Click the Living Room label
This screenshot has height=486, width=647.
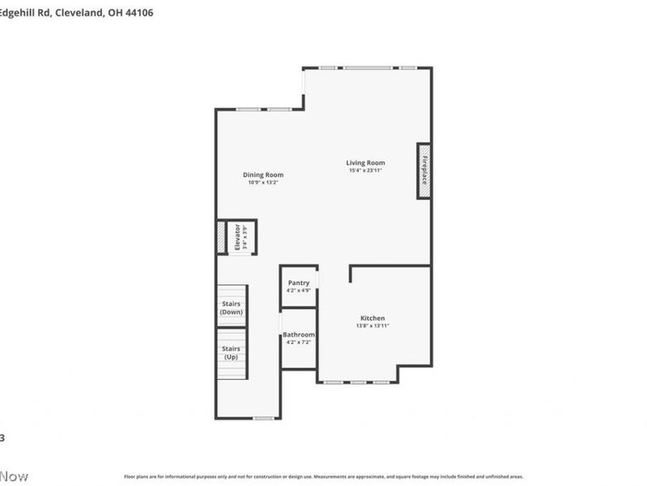[x=366, y=163]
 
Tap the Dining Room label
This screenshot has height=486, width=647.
[x=264, y=175]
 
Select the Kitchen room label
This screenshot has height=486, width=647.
[x=373, y=318]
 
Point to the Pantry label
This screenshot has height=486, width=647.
[x=298, y=283]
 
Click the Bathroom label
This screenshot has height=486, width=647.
[x=298, y=335]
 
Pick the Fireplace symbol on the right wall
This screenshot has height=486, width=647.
[x=423, y=170]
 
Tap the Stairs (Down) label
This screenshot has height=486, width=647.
[x=231, y=308]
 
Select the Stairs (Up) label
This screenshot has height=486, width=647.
[x=231, y=352]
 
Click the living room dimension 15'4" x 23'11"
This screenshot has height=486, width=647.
[x=366, y=171]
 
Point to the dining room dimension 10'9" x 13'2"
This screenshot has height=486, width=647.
[x=264, y=183]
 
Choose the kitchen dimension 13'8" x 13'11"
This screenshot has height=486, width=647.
[x=373, y=326]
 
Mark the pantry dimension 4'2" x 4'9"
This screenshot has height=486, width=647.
[x=298, y=290]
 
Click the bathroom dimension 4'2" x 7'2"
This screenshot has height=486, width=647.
[x=298, y=342]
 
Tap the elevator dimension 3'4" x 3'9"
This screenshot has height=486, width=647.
[x=245, y=237]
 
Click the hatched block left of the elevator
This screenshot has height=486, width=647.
[x=220, y=237]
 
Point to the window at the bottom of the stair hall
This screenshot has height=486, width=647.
[x=263, y=418]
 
